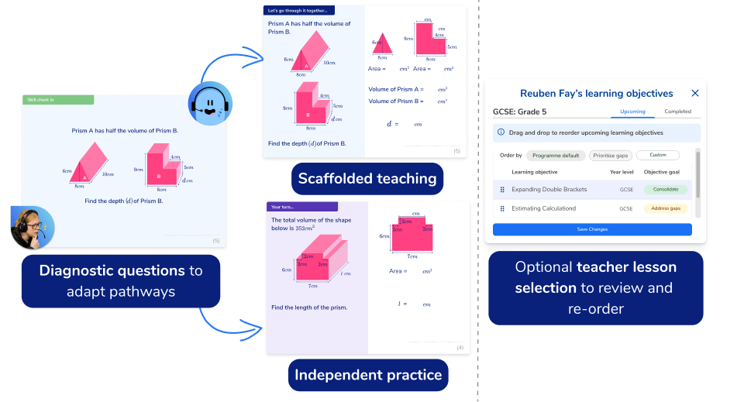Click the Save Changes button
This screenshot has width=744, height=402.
(x=592, y=229)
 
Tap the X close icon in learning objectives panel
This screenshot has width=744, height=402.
(x=695, y=94)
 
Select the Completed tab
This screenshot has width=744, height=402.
(x=677, y=112)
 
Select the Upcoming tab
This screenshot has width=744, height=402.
(x=632, y=112)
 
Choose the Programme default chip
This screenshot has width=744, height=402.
(x=555, y=155)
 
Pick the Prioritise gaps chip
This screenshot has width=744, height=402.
(x=611, y=155)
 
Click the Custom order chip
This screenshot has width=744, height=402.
(x=657, y=155)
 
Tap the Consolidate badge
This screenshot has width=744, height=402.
(x=666, y=189)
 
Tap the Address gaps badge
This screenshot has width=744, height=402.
(x=666, y=208)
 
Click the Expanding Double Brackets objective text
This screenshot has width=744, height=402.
(x=549, y=190)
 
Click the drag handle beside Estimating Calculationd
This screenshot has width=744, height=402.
(x=502, y=208)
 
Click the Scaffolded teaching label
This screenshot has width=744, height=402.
(x=367, y=179)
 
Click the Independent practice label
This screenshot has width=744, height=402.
(x=368, y=376)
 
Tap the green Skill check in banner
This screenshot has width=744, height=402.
(x=58, y=100)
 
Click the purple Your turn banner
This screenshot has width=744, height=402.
(x=302, y=207)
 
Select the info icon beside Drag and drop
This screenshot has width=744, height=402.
(x=501, y=132)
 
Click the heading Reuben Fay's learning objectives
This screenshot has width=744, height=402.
(x=596, y=94)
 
